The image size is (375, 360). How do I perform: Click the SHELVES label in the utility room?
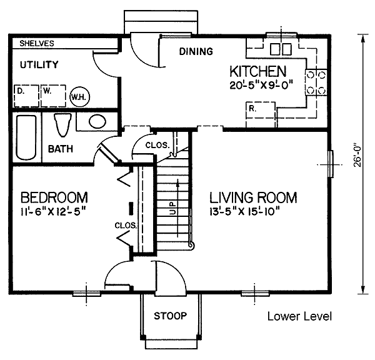pyautogui.click(x=37, y=43)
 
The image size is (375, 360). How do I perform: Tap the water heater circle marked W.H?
pyautogui.click(x=79, y=97)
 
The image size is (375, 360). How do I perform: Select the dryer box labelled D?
pyautogui.click(x=26, y=96)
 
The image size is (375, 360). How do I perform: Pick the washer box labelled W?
pyautogui.click(x=53, y=96)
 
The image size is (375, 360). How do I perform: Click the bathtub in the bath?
pyautogui.click(x=26, y=137)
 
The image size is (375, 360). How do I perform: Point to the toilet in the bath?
pyautogui.click(x=63, y=125)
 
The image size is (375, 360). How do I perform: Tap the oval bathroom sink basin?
pyautogui.click(x=97, y=121)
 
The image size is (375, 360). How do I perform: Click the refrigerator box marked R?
pyautogui.click(x=261, y=114)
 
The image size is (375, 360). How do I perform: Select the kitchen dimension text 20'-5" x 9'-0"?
pyautogui.click(x=261, y=85)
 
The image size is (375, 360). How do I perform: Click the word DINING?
pyautogui.click(x=196, y=51)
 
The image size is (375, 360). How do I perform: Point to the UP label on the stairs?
pyautogui.click(x=172, y=209)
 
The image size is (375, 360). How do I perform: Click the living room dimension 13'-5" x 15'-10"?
pyautogui.click(x=244, y=211)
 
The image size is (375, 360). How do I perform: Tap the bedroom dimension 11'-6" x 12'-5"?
pyautogui.click(x=53, y=211)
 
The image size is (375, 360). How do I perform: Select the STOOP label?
pyautogui.click(x=170, y=316)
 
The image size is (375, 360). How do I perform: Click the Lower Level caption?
pyautogui.click(x=299, y=316)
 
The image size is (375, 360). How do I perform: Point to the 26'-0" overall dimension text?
pyautogui.click(x=357, y=155)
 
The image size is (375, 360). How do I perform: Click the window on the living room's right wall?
pyautogui.click(x=331, y=164)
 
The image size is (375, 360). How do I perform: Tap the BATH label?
pyautogui.click(x=61, y=149)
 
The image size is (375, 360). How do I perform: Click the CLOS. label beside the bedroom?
pyautogui.click(x=126, y=226)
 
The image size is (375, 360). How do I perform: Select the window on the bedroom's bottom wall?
pyautogui.click(x=87, y=294)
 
